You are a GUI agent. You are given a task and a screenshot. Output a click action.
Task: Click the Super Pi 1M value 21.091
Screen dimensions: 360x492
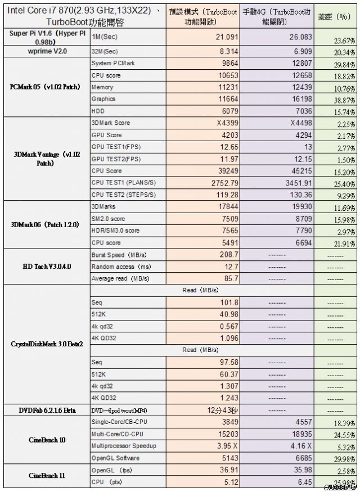pos(227,37)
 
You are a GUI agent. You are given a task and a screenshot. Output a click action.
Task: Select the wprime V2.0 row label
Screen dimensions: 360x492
pos(47,51)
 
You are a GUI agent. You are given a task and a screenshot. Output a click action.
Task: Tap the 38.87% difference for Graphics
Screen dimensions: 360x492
pos(344,101)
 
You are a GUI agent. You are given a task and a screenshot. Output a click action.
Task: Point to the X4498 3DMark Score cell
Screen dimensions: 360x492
pos(301,123)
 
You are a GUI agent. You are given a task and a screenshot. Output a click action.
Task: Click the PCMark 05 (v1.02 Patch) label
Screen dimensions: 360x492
pos(45,87)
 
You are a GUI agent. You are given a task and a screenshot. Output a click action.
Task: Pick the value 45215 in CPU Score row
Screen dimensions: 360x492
pos(302,171)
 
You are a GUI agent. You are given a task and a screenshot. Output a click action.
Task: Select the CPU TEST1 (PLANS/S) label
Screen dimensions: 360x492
pos(124,183)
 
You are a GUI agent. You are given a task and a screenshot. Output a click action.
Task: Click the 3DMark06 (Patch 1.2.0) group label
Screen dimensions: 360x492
pos(45,225)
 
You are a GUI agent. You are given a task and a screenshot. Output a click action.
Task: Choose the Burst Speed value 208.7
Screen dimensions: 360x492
pos(229,255)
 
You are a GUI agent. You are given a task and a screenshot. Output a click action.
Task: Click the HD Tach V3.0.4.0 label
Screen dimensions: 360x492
pos(47,267)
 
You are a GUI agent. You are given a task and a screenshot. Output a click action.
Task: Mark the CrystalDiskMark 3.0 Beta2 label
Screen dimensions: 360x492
pos(47,344)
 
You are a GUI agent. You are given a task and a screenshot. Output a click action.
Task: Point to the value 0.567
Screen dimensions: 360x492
pos(229,326)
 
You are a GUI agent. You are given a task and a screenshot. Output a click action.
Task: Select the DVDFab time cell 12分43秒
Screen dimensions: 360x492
pos(223,410)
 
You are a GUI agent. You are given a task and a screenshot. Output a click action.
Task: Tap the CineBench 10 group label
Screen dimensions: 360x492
pos(47,440)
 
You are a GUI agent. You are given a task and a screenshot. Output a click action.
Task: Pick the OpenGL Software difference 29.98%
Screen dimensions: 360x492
pos(344,459)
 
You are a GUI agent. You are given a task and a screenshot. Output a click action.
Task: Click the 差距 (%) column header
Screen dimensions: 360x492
pos(334,17)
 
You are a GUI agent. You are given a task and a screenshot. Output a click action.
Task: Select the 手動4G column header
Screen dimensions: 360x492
pos(277,17)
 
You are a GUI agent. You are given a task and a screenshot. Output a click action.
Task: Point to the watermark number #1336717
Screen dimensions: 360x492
pos(341,488)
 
